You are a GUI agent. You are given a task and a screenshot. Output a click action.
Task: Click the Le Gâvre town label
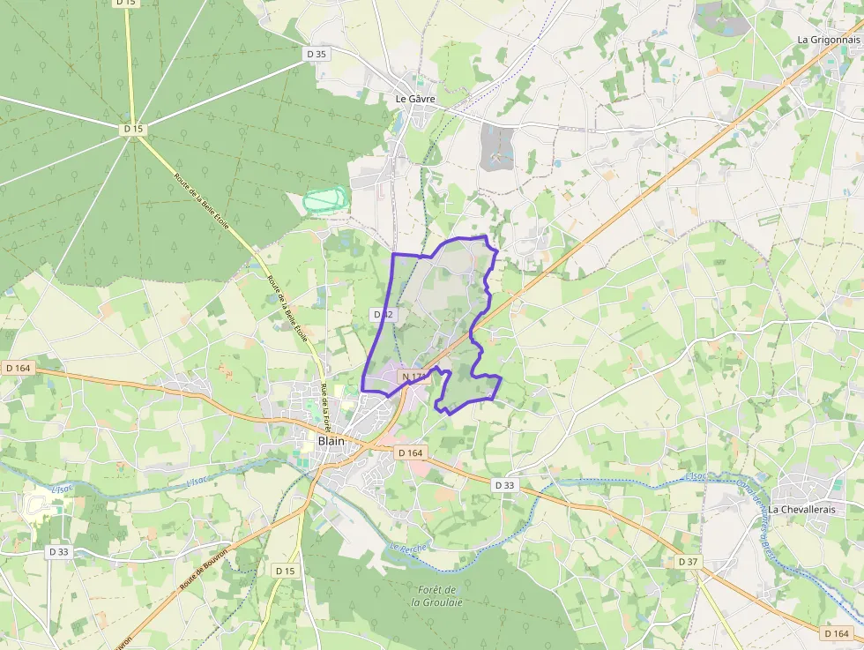[x=415, y=99]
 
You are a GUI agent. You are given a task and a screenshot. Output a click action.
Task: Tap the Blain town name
[x=331, y=441]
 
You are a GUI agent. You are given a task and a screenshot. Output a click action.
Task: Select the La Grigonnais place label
[x=828, y=40]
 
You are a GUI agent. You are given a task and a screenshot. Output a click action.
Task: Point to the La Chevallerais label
[x=801, y=509]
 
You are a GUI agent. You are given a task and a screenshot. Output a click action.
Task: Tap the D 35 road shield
[x=317, y=54]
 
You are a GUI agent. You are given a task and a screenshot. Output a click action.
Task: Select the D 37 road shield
[x=689, y=562]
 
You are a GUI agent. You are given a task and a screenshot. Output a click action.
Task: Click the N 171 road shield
[x=413, y=377]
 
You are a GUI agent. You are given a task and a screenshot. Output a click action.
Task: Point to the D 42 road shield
[x=383, y=314]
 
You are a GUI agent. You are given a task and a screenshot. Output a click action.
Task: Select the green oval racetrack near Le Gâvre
[x=326, y=199]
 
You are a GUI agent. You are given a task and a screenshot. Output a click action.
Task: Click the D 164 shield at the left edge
[x=18, y=368]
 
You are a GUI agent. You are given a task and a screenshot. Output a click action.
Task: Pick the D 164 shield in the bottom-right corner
[x=836, y=633]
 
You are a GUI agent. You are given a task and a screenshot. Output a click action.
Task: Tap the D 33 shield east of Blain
[x=504, y=485]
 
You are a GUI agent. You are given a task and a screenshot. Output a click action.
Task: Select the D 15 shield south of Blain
[x=285, y=571]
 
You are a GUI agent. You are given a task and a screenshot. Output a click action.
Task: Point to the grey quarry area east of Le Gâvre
[x=497, y=147]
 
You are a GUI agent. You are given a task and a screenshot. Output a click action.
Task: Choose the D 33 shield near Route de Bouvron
[x=59, y=551]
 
